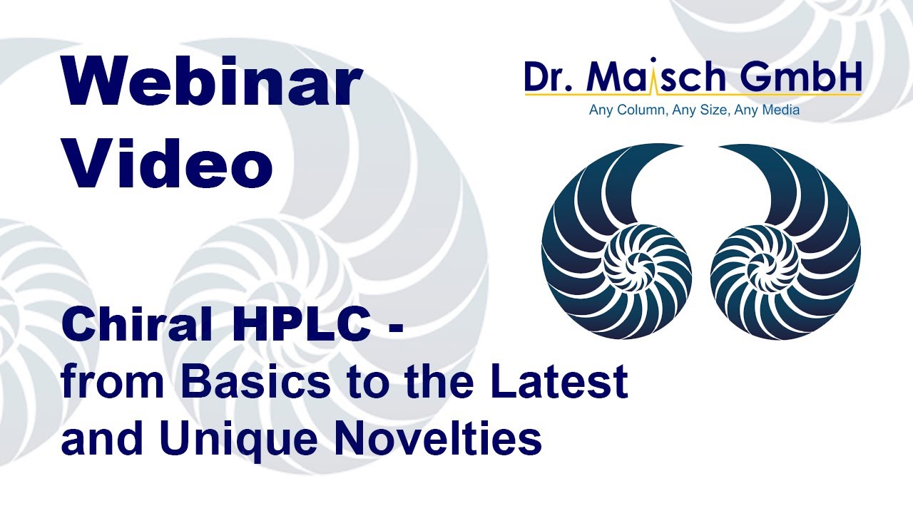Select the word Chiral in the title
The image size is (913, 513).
[x=133, y=326]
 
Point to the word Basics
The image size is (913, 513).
[x=255, y=382]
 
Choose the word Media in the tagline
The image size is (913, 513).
[x=778, y=110]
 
